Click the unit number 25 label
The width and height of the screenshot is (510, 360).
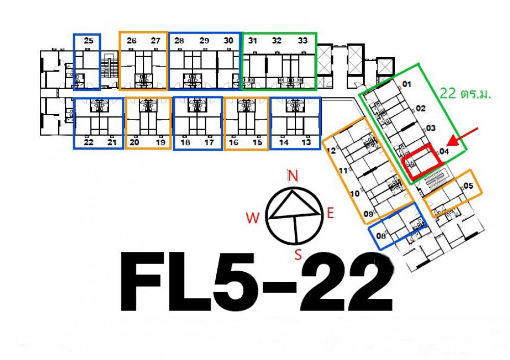click(x=88, y=41)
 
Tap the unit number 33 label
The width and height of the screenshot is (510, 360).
click(x=302, y=41)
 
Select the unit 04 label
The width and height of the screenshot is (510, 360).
click(x=444, y=151)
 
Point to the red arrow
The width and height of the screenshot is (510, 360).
click(x=463, y=137)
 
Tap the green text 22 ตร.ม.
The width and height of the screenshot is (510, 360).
click(x=465, y=94)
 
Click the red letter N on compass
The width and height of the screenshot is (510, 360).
click(x=293, y=176)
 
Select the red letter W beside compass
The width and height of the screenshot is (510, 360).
click(x=253, y=218)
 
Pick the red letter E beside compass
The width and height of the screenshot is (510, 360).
click(x=330, y=214)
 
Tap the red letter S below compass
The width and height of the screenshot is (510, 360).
click(x=298, y=254)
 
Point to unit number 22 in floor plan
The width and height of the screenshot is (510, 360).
click(x=88, y=142)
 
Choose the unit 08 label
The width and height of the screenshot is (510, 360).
click(x=380, y=236)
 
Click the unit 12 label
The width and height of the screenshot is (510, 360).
click(x=331, y=150)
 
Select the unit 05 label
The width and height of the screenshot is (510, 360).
click(x=468, y=186)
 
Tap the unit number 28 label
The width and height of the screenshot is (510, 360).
click(x=179, y=41)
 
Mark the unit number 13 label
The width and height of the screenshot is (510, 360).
click(x=306, y=142)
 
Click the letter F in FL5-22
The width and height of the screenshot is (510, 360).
click(x=141, y=281)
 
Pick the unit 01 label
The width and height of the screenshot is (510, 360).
click(x=406, y=84)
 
